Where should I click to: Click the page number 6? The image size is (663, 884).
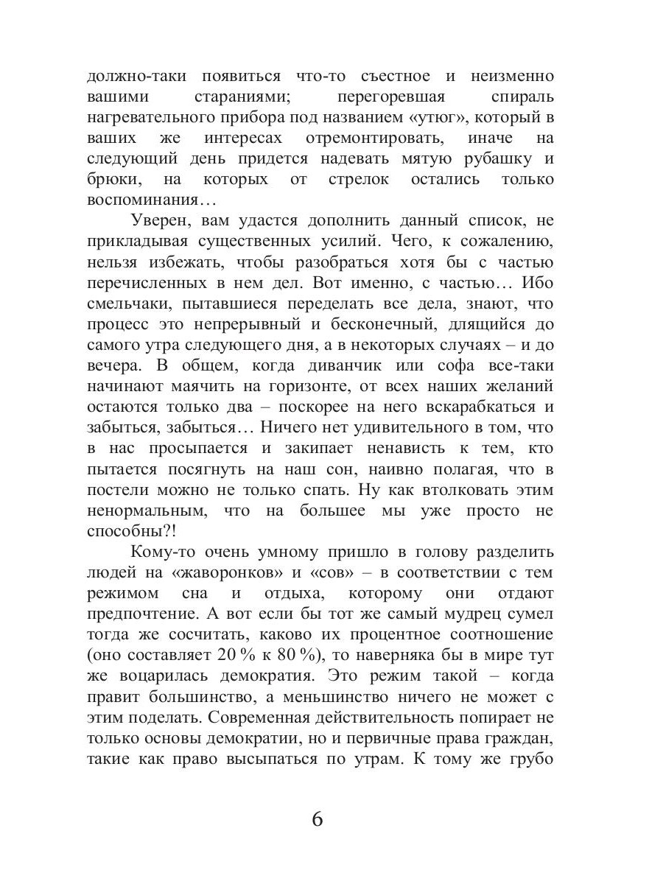coord(318,819)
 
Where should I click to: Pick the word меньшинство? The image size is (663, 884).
coord(345,696)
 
